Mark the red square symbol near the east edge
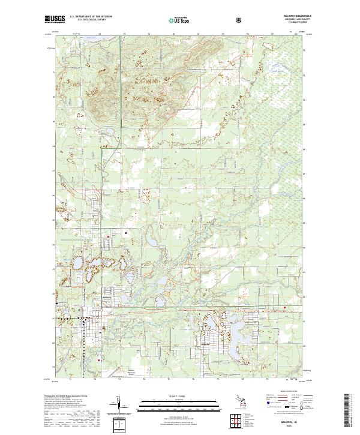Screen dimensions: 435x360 pos(285,308)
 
